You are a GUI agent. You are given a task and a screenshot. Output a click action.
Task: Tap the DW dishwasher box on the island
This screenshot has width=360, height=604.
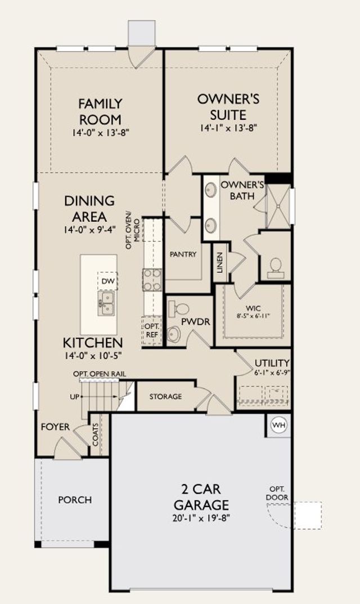108,281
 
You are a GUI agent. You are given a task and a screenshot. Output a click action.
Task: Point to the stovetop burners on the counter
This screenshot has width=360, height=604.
152,280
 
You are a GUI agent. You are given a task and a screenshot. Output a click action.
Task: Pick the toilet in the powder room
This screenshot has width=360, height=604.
179,308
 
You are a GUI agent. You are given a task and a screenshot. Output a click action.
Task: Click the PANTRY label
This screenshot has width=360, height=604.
183,254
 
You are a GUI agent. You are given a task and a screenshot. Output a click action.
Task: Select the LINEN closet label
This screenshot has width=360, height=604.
219,262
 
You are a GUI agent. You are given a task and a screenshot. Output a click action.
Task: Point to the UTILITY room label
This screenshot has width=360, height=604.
272,363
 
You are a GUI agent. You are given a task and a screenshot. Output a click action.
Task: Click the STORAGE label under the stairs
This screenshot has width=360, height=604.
165,396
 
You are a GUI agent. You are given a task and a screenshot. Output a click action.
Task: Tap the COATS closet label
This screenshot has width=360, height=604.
96,435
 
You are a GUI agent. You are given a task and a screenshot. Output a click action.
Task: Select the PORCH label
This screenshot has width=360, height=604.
75,500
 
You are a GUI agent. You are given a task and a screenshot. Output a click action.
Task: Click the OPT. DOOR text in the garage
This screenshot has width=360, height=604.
277,493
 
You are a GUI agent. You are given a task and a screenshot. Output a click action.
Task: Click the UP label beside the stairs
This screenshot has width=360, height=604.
75,396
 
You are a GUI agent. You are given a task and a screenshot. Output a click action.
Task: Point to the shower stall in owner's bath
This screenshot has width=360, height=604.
278,205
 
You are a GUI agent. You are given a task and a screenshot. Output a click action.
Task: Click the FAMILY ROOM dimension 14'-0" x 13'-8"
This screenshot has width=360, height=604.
100,132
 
